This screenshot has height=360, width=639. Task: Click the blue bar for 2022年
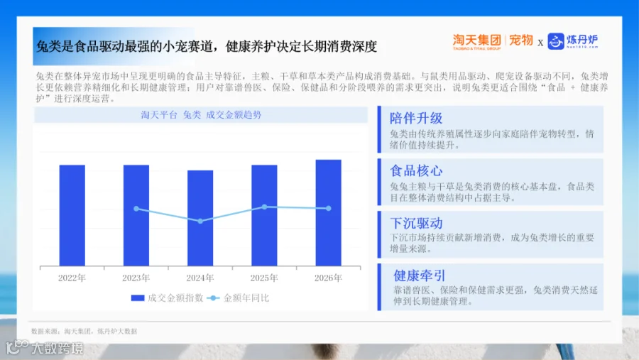pos(72,215)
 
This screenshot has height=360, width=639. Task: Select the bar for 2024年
pos(200,218)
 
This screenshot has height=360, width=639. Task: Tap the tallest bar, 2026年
pos(329,213)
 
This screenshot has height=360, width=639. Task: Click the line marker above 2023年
pos(136,209)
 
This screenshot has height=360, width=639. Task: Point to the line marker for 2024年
pos(200,221)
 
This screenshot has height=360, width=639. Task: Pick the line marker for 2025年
pos(265,207)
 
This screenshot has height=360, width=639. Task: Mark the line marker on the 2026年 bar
pos(329,208)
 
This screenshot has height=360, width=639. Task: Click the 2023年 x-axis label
pos(136,278)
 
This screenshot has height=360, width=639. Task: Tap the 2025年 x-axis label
pos(264,278)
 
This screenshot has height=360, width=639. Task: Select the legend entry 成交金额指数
pos(167,298)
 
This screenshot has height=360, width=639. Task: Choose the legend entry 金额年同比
pos(238,298)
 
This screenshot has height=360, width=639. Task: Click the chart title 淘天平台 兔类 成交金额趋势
pos(201,115)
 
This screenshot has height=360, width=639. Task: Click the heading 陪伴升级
pos(416,119)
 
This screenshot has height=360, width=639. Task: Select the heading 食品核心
pos(416,171)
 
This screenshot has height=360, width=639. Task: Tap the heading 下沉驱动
pos(416,223)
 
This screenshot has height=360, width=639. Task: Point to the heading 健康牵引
pos(420,276)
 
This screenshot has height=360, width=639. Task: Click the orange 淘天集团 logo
pos(476,41)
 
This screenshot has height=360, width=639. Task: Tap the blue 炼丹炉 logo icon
pos(556,41)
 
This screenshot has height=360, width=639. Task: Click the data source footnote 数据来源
pos(84,331)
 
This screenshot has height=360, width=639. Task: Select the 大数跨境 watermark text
pos(58,348)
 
